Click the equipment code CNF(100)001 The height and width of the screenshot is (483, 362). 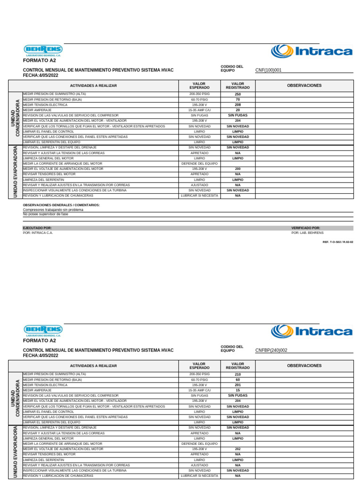[x=271, y=70]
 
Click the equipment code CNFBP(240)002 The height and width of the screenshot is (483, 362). [x=271, y=350]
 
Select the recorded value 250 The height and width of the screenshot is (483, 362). [x=238, y=94]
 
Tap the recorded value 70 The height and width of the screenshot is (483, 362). [x=238, y=100]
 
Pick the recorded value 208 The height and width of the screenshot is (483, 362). [x=238, y=105]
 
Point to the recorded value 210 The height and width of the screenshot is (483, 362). [x=238, y=375]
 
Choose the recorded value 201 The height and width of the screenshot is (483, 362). [x=238, y=385]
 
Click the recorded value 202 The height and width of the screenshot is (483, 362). [x=238, y=449]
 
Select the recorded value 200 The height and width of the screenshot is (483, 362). [x=238, y=169]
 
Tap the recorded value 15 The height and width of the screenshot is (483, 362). [x=238, y=391]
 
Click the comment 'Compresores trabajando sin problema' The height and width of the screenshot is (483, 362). [x=53, y=209]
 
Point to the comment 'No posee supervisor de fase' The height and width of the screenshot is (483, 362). [x=45, y=214]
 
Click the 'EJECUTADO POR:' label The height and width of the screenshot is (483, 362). [x=37, y=228]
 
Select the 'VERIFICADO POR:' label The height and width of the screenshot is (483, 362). [x=305, y=228]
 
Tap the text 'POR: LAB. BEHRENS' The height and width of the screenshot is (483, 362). [x=307, y=233]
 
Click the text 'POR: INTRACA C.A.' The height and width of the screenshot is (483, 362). [x=38, y=233]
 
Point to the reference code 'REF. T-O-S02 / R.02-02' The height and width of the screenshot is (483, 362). [x=337, y=241]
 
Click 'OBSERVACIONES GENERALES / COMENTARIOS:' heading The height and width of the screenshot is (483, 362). [x=61, y=205]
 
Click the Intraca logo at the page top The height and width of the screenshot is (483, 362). [x=312, y=51]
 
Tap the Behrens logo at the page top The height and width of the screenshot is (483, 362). [x=42, y=50]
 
